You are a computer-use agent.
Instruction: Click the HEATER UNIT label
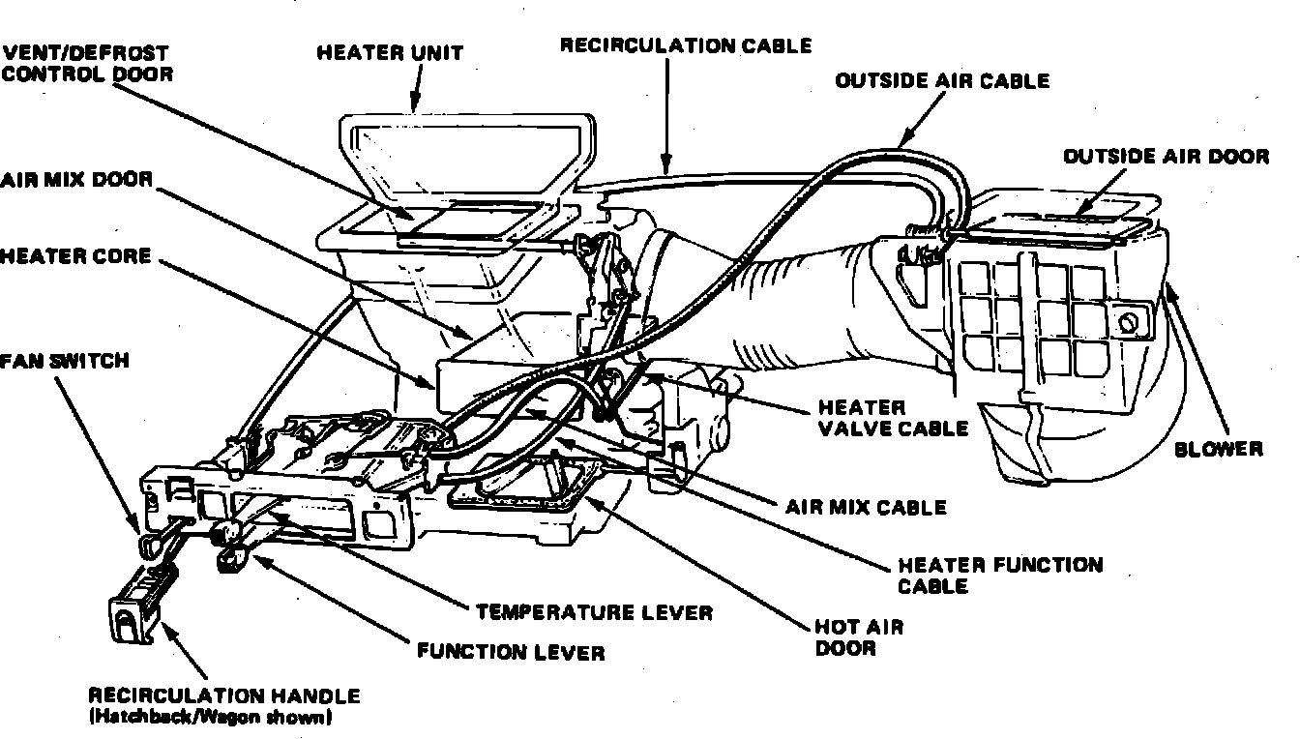(390, 52)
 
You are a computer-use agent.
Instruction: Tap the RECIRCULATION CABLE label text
(686, 45)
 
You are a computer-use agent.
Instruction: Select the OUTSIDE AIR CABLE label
(942, 80)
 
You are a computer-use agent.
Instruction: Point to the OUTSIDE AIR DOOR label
(1166, 156)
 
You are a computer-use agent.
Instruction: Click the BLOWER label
(1219, 448)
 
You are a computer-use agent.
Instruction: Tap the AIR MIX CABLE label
(866, 506)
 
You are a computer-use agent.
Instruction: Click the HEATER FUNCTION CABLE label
(1000, 575)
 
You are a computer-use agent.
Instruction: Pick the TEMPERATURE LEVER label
(594, 612)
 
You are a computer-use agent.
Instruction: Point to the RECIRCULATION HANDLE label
(224, 695)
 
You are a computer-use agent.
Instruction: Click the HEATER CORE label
(75, 256)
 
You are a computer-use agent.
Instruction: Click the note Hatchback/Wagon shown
(210, 718)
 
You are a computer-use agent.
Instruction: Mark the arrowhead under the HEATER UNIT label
(417, 103)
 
